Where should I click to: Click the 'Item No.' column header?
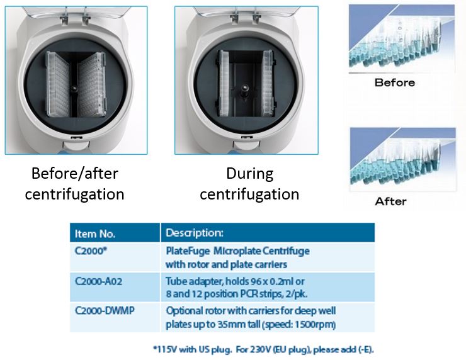point(95,233)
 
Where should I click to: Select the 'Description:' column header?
point(195,233)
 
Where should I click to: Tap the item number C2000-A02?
point(98,281)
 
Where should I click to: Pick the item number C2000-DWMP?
point(105,310)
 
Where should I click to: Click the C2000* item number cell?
point(91,251)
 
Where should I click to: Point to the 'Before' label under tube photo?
point(395,82)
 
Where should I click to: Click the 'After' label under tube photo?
point(391,201)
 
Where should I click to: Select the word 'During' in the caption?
point(249,174)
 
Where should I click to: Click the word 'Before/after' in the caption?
point(74,174)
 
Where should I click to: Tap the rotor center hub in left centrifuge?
point(74,89)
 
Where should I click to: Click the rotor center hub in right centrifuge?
point(244,88)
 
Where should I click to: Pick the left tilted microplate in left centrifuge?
point(58,84)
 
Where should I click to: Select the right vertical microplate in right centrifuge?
point(267,84)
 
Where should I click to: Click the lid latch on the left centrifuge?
point(76,138)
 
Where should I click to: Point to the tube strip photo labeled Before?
point(402,38)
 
